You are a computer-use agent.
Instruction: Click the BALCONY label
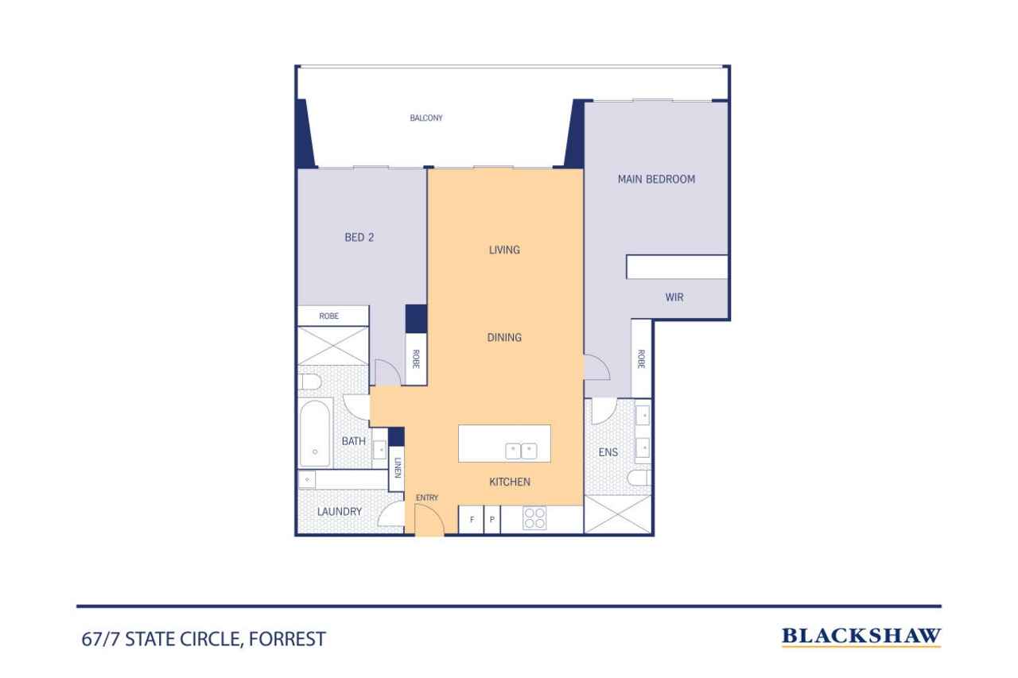pyautogui.click(x=425, y=118)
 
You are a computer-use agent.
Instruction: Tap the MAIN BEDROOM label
pyautogui.click(x=656, y=180)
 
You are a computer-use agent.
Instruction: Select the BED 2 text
pyautogui.click(x=359, y=238)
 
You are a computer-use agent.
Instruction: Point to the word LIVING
pyautogui.click(x=504, y=250)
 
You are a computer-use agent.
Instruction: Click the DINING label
pyautogui.click(x=504, y=338)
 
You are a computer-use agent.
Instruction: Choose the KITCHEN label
pyautogui.click(x=510, y=482)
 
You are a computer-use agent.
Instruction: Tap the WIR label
pyautogui.click(x=674, y=297)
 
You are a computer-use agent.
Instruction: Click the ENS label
pyautogui.click(x=608, y=452)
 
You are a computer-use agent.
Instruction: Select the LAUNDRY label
pyautogui.click(x=340, y=512)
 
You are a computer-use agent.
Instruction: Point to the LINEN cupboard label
pyautogui.click(x=398, y=467)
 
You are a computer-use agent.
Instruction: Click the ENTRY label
pyautogui.click(x=427, y=498)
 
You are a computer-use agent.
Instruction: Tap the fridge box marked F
pyautogui.click(x=472, y=520)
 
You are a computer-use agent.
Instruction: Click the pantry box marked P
pyautogui.click(x=492, y=520)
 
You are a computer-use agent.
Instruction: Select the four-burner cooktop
pyautogui.click(x=534, y=518)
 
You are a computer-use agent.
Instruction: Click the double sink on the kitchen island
pyautogui.click(x=521, y=451)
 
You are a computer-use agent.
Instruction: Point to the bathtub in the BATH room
pyautogui.click(x=314, y=433)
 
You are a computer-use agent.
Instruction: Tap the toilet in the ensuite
pyautogui.click(x=639, y=478)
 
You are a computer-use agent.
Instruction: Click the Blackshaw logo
pyautogui.click(x=861, y=637)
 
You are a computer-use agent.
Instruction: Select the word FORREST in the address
pyautogui.click(x=287, y=639)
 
